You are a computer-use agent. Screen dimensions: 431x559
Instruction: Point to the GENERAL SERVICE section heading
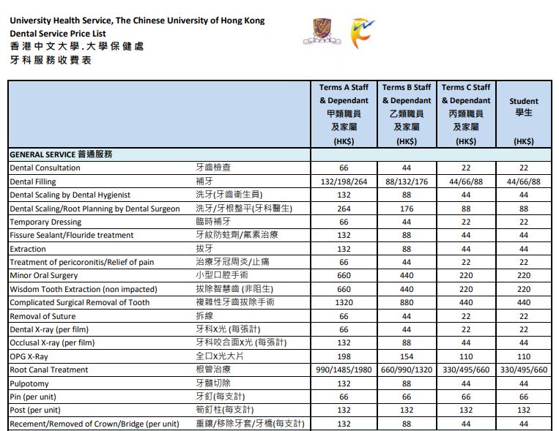tap(61, 154)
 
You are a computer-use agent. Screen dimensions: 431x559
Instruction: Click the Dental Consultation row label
tap(45, 168)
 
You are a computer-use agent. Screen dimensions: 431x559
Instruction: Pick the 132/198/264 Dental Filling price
tap(344, 181)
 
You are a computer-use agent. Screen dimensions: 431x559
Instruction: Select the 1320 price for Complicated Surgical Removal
tap(344, 303)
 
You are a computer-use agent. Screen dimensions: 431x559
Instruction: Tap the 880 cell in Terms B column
tap(407, 303)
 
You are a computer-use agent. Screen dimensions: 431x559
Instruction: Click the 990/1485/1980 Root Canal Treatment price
tap(344, 370)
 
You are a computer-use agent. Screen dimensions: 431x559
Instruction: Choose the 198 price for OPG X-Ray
tap(344, 356)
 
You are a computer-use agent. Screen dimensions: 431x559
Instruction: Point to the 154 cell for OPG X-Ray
tap(407, 356)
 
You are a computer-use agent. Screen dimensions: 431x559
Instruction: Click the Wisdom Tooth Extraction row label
tap(83, 289)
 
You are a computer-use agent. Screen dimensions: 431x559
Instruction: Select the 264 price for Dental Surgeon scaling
tap(344, 209)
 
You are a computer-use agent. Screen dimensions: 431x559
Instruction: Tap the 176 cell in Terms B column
tap(407, 209)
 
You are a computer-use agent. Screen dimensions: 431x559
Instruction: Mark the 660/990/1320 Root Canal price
tap(407, 370)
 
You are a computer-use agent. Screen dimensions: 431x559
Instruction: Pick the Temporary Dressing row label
tap(45, 222)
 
